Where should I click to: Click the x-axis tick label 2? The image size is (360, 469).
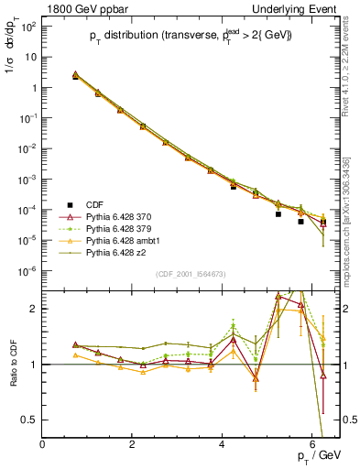coord(133,444)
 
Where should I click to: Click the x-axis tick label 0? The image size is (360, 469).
coord(43,444)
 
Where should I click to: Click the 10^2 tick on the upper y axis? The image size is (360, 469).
coord(28,26)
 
